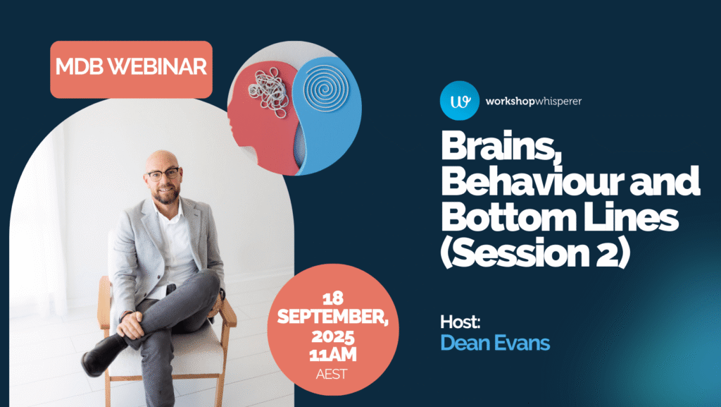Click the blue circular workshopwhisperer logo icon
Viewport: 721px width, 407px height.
click(x=459, y=101)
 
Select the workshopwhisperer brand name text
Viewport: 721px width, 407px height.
click(x=534, y=102)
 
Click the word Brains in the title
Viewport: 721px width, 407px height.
click(x=501, y=146)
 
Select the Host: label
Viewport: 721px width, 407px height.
click(x=460, y=322)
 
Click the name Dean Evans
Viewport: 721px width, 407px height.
click(x=495, y=343)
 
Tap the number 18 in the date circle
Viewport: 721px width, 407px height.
click(x=333, y=299)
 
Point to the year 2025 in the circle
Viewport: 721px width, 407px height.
click(x=333, y=336)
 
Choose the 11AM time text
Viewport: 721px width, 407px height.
click(x=333, y=355)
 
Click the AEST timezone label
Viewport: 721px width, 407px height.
click(x=332, y=375)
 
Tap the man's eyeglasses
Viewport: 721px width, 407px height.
click(x=163, y=174)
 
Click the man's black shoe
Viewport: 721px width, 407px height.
click(x=102, y=355)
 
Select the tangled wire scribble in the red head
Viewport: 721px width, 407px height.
click(x=268, y=92)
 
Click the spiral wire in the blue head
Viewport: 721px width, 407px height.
click(x=325, y=87)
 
